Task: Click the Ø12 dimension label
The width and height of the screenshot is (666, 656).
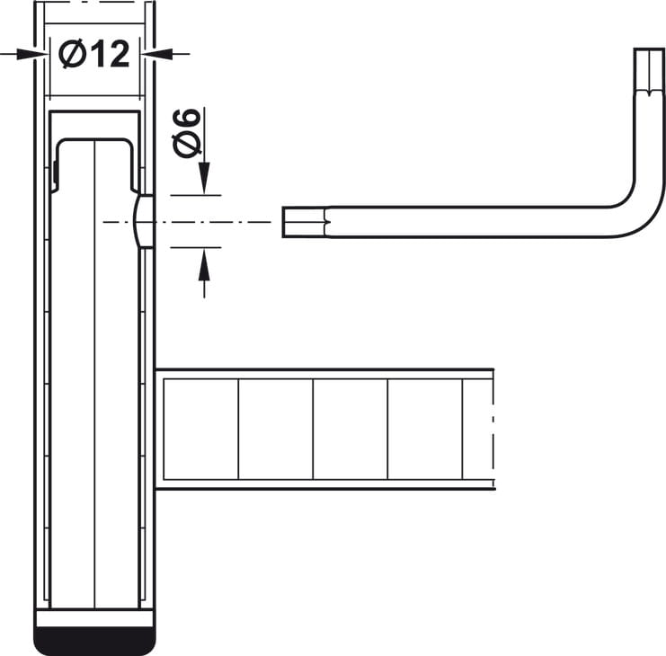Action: click(x=93, y=54)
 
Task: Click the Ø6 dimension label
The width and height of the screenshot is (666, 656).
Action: click(x=186, y=133)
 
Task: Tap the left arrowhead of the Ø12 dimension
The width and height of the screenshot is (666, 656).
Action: click(x=31, y=54)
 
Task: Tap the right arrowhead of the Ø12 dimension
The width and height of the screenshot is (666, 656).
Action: click(x=157, y=54)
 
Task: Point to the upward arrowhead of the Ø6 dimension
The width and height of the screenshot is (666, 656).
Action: click(x=204, y=264)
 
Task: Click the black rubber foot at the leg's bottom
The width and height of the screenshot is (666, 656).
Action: click(x=94, y=641)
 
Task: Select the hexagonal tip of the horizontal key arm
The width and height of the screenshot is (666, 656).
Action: click(x=305, y=222)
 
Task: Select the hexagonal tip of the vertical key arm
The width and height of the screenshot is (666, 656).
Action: click(x=649, y=69)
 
